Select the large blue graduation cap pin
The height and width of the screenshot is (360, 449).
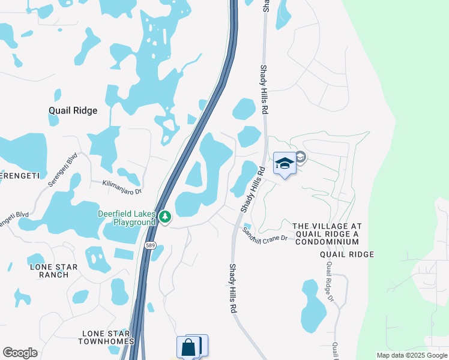[284, 164]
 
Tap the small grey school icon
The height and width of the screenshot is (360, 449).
[301, 158]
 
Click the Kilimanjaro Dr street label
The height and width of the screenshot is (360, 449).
[121, 187]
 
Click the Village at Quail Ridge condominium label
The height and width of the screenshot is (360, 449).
[325, 233]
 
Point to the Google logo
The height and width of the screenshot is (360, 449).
[20, 353]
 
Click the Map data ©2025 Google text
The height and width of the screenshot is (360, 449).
[411, 355]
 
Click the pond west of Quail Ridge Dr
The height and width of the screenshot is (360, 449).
[313, 306]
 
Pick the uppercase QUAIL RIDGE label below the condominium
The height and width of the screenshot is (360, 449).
[346, 254]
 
